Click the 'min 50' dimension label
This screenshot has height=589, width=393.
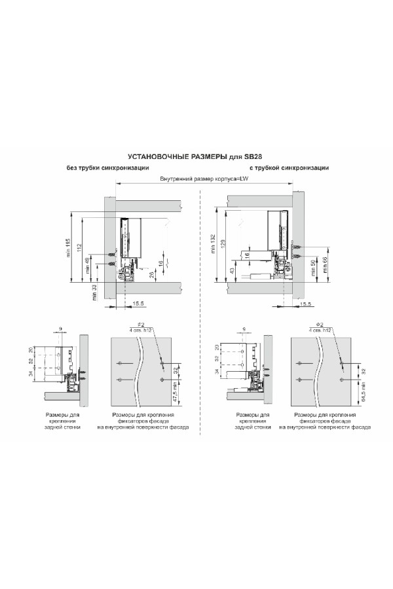click(314, 268)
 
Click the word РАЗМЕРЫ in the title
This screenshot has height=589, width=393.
click(206, 157)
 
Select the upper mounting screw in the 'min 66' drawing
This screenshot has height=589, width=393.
click(299, 248)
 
